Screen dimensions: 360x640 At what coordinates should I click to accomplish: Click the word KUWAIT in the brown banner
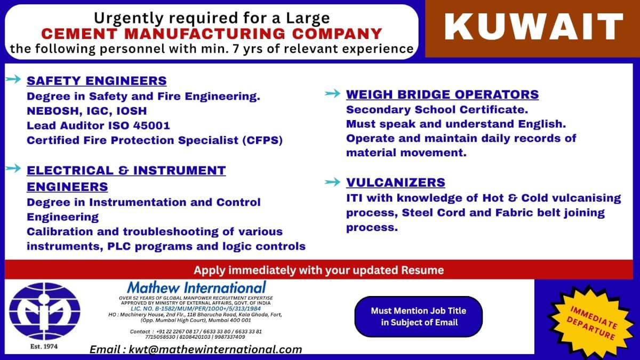point(534,27)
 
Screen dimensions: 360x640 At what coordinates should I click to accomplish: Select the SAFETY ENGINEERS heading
point(97,81)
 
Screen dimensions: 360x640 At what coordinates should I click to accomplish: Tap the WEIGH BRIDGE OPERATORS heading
point(442,95)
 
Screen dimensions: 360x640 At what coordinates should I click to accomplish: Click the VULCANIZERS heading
point(395,182)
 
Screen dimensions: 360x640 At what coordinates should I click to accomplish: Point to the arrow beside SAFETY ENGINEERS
point(13,80)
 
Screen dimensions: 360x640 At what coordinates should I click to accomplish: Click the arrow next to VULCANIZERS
point(332,182)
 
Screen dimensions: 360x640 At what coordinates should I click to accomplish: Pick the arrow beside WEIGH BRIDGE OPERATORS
point(332,94)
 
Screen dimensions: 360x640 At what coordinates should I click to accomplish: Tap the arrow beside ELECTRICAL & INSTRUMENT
point(13,169)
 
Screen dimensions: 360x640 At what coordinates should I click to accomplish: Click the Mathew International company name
point(196,287)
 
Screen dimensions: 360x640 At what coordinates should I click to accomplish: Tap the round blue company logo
point(44,311)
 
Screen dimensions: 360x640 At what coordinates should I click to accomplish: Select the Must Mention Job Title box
point(418,316)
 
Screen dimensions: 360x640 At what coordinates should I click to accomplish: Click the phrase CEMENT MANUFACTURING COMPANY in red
point(212,34)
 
